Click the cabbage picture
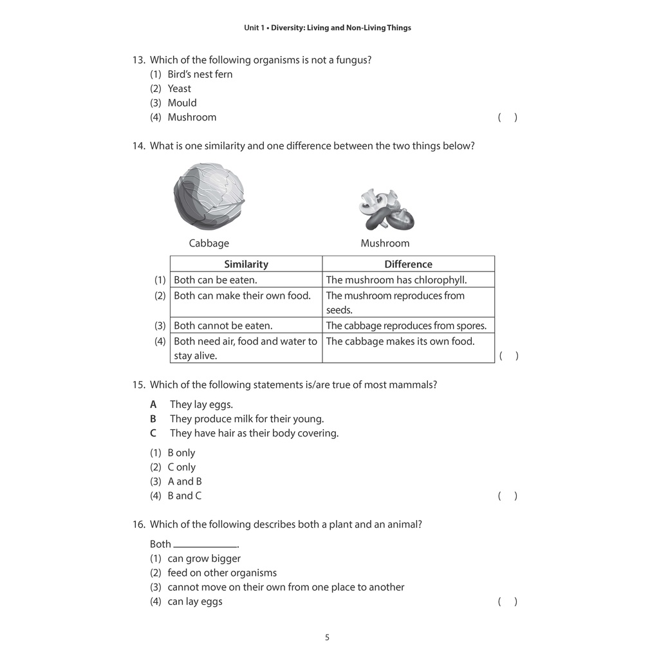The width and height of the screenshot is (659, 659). pyautogui.click(x=209, y=197)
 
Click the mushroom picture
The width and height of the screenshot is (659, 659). pyautogui.click(x=385, y=210)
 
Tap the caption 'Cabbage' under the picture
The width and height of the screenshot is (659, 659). pyautogui.click(x=209, y=243)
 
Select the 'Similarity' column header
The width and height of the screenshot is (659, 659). pyautogui.click(x=246, y=264)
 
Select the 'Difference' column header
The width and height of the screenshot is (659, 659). pyautogui.click(x=408, y=264)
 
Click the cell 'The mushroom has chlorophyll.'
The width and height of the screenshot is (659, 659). pyautogui.click(x=396, y=280)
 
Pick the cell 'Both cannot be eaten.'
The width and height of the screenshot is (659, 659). pyautogui.click(x=223, y=326)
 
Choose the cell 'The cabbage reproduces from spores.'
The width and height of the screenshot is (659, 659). pyautogui.click(x=406, y=326)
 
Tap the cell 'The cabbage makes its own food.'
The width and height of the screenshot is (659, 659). pyautogui.click(x=400, y=342)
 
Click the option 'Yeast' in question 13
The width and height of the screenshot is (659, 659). pyautogui.click(x=179, y=89)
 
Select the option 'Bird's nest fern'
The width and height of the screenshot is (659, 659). pyautogui.click(x=200, y=74)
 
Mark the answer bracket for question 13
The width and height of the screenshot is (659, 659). pyautogui.click(x=507, y=117)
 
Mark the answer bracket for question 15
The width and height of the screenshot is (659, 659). pyautogui.click(x=507, y=496)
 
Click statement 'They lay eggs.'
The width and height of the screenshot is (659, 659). pyautogui.click(x=201, y=404)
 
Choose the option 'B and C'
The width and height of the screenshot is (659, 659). pyautogui.click(x=184, y=496)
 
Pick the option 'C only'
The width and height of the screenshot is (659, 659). pyautogui.click(x=181, y=467)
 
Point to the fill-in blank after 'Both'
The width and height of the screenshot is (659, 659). pyautogui.click(x=205, y=544)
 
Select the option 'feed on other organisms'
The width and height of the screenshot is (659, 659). pyautogui.click(x=222, y=573)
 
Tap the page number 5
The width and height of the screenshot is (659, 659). pyautogui.click(x=327, y=638)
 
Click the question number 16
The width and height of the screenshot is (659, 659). pyautogui.click(x=139, y=524)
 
